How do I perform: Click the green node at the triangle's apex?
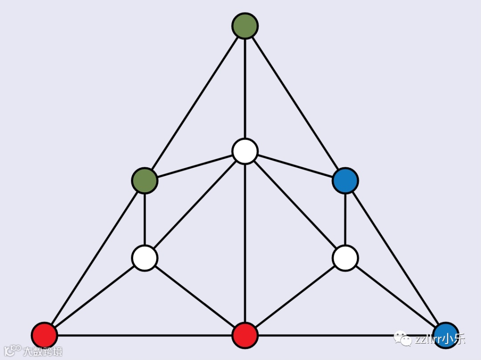[x=245, y=26]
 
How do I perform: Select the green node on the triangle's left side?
[x=145, y=181]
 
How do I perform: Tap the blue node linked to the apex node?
[x=345, y=181]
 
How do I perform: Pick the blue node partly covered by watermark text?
[x=445, y=335]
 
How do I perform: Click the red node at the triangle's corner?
[x=45, y=335]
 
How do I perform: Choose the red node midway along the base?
[x=245, y=335]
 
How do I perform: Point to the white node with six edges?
[x=245, y=151]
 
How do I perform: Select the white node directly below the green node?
[x=145, y=258]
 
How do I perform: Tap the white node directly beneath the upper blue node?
[x=345, y=258]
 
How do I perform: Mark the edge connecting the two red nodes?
[x=145, y=335]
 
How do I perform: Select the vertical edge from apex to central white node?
[x=245, y=89]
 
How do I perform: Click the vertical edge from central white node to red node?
[x=245, y=243]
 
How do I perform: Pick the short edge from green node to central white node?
[x=195, y=166]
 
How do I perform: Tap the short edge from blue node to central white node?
[x=295, y=166]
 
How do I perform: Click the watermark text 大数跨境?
[x=43, y=351]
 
